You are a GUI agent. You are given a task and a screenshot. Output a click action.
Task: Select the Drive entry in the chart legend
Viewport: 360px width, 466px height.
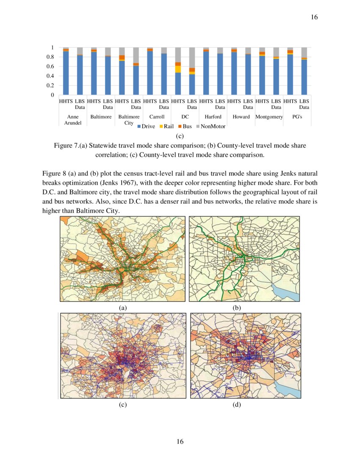click(x=146, y=126)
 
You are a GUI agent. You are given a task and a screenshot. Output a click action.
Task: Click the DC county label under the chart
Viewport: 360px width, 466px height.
click(x=185, y=117)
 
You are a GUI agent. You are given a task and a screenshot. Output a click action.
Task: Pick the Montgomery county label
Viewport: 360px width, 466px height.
click(x=269, y=117)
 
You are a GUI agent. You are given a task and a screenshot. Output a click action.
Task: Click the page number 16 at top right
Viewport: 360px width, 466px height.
click(x=314, y=17)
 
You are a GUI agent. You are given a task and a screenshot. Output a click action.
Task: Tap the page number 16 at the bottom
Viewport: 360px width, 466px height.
click(x=180, y=442)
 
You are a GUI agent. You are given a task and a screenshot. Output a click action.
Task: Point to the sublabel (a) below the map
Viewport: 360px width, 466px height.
click(x=123, y=308)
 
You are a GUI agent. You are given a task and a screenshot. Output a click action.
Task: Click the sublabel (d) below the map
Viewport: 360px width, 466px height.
click(x=237, y=405)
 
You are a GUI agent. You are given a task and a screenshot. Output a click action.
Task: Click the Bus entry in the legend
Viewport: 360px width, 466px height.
click(x=185, y=126)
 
